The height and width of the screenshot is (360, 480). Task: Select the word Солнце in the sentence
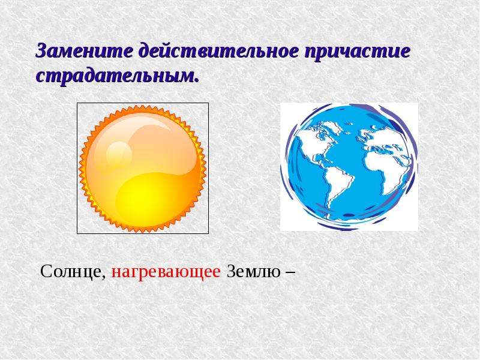click(x=71, y=272)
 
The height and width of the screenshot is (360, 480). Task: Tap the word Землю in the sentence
click(x=253, y=271)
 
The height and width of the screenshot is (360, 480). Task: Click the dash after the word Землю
click(x=290, y=272)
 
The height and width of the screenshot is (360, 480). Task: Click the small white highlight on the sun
click(x=119, y=154)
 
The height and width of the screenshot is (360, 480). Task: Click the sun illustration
click(x=143, y=169)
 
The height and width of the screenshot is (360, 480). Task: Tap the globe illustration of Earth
click(x=349, y=167)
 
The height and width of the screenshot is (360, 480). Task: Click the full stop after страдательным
click(x=196, y=81)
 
